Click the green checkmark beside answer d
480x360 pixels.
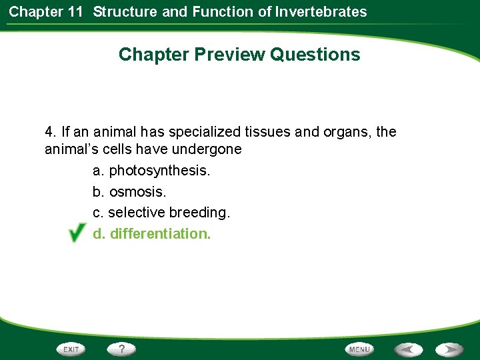76,233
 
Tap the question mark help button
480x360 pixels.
122,349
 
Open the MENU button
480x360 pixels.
359,349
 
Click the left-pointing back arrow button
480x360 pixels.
408,349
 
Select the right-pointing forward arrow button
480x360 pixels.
450,349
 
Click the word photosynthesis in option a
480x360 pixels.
159,171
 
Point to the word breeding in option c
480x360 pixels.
199,213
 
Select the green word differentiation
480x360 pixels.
160,234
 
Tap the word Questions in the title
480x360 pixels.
315,55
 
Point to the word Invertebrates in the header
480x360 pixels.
323,11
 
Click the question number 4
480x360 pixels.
49,132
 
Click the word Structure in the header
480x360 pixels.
125,11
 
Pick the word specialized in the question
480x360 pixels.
203,132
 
